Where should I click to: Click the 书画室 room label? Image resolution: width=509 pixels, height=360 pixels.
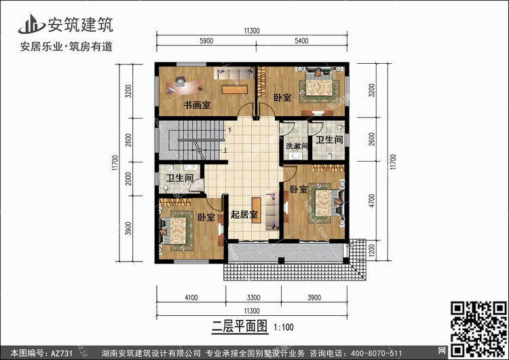point(197,105)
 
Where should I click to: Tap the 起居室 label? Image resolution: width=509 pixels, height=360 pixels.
point(244,215)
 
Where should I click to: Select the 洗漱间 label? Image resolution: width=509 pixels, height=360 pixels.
point(297,146)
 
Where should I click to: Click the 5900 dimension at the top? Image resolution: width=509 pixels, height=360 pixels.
point(206,41)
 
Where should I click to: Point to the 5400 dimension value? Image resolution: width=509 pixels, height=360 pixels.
point(301,41)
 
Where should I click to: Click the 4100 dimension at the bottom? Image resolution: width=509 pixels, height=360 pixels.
point(191,298)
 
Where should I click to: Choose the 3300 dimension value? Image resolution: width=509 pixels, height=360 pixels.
point(253,298)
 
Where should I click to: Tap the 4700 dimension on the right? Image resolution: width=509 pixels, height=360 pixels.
point(372,200)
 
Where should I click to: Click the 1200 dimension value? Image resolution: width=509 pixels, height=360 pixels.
point(372,250)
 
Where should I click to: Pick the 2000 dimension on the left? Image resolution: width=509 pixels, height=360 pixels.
point(129,179)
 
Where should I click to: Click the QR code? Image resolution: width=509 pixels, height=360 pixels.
point(478,328)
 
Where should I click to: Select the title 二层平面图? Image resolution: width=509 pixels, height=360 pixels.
point(240,326)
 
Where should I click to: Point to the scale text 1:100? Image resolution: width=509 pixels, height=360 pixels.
point(284,327)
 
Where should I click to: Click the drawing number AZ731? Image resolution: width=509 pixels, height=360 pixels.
point(61,353)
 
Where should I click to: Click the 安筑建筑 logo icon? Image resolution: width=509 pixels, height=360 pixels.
point(31,24)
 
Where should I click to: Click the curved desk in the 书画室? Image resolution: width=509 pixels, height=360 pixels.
point(183,86)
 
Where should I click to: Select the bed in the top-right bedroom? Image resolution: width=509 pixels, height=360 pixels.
point(319,83)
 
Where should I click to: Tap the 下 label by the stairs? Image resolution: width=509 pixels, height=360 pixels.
point(230,130)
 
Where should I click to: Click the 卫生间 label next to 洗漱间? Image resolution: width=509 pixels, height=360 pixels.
point(329,140)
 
